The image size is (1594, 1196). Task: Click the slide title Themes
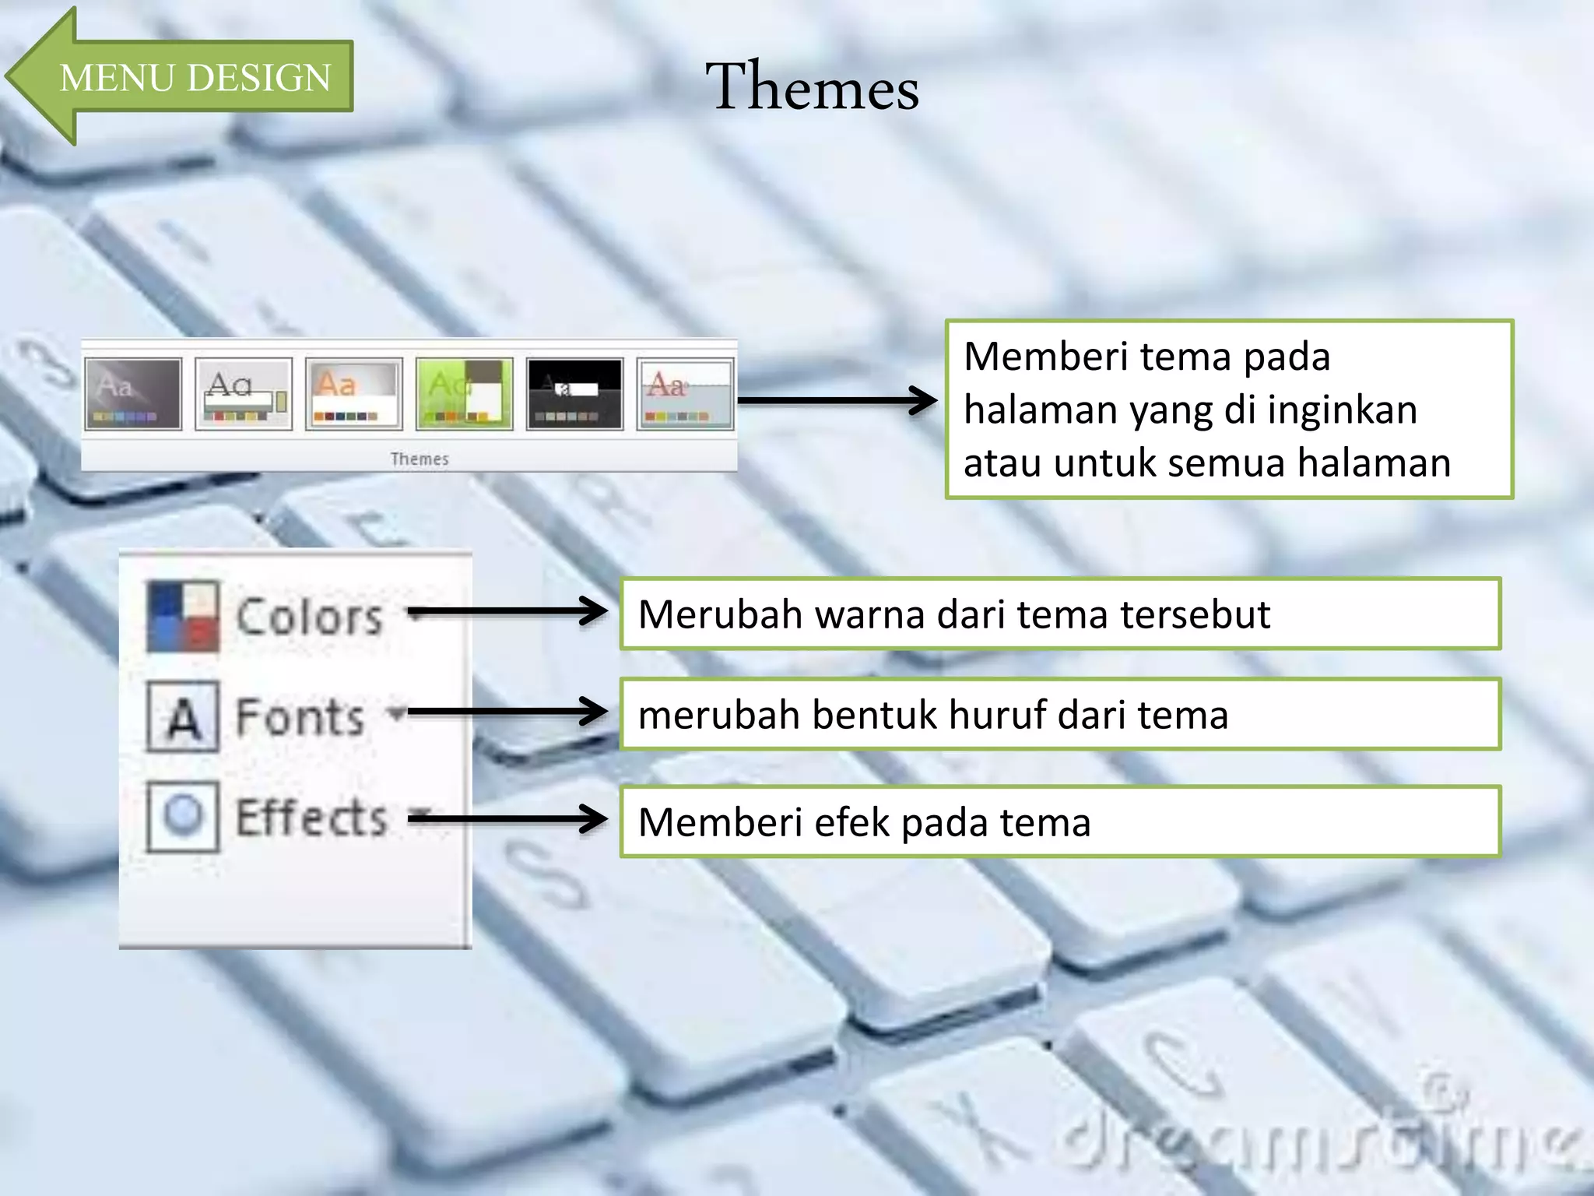[812, 86]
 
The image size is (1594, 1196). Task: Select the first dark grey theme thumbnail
[133, 394]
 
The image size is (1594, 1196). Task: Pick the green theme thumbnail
[464, 394]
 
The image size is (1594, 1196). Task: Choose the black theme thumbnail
[574, 394]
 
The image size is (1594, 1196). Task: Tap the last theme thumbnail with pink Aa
[685, 394]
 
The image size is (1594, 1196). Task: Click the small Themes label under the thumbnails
[420, 459]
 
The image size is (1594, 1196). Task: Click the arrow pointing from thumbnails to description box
[837, 401]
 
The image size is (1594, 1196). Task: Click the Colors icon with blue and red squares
[183, 617]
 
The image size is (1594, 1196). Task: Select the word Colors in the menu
[309, 617]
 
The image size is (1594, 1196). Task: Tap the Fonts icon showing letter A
[183, 716]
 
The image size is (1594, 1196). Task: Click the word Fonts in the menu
[300, 716]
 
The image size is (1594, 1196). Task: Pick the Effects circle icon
[183, 816]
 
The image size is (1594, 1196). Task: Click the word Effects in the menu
[311, 818]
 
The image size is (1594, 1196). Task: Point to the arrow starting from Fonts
[506, 712]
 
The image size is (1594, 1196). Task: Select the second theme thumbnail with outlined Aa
[244, 394]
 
